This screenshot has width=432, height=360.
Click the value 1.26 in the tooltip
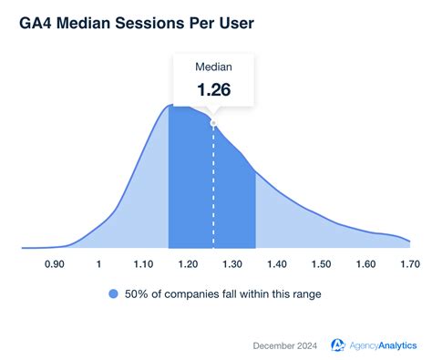click(x=213, y=90)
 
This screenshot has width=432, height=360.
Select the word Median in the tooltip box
click(x=213, y=67)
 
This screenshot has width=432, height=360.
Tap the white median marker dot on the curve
click(x=213, y=122)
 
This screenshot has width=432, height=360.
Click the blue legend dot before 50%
click(x=113, y=293)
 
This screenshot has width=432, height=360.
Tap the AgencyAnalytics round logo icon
click(x=338, y=344)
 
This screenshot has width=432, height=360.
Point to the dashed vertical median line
click(x=213, y=191)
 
